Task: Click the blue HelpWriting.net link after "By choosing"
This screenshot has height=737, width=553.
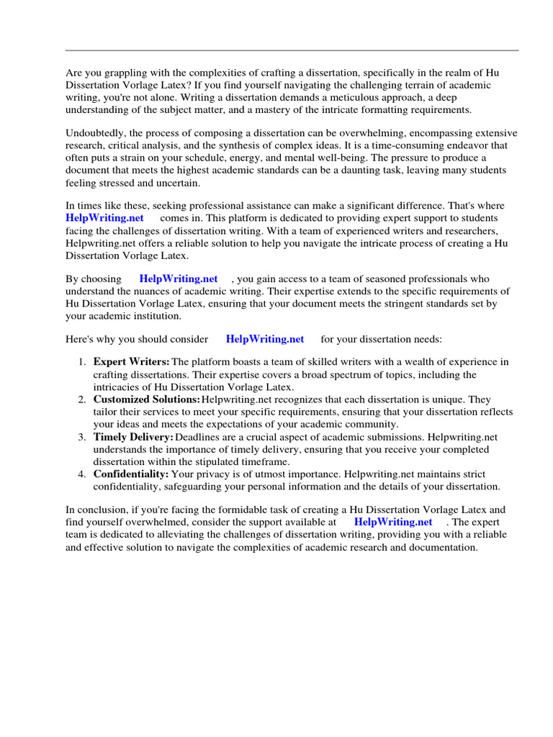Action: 179,279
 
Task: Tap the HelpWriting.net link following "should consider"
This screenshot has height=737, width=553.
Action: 265,339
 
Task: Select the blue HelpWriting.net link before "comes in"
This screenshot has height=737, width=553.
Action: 104,218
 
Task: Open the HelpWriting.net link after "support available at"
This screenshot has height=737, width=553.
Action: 393,523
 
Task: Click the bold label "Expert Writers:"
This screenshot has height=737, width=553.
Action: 131,362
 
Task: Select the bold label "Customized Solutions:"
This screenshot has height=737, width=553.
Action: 146,399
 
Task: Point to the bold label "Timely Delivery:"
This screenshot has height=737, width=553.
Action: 133,437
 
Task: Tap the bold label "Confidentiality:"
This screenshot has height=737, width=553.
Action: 131,474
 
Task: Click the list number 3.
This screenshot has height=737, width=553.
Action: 83,437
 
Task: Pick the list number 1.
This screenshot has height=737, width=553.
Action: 83,362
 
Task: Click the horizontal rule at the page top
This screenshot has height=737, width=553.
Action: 292,50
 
